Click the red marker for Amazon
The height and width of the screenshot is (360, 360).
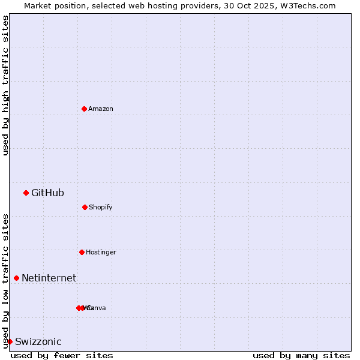coord(84,109)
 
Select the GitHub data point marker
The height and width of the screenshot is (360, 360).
coord(26,193)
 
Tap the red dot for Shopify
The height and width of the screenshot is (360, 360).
coord(85,207)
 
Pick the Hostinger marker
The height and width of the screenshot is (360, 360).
coord(82,252)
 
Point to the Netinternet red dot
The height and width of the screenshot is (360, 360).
coord(16,278)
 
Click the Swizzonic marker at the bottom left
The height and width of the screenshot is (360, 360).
coord(10,341)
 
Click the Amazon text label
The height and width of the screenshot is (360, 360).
coord(101,109)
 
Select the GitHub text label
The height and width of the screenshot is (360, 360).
coord(47,193)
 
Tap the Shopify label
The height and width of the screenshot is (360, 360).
coord(101,207)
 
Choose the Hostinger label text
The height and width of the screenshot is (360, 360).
coord(101,252)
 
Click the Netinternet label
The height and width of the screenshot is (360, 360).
coord(49,278)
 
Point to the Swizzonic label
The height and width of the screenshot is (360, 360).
coord(38,341)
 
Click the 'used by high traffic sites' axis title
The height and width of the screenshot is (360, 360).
coord(5,85)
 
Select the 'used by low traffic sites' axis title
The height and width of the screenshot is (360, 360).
coord(5,280)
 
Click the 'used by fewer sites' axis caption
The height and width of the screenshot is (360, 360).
coord(62,355)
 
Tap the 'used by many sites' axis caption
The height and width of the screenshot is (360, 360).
coord(301,355)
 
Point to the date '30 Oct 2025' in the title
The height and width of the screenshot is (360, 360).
coord(250,5)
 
